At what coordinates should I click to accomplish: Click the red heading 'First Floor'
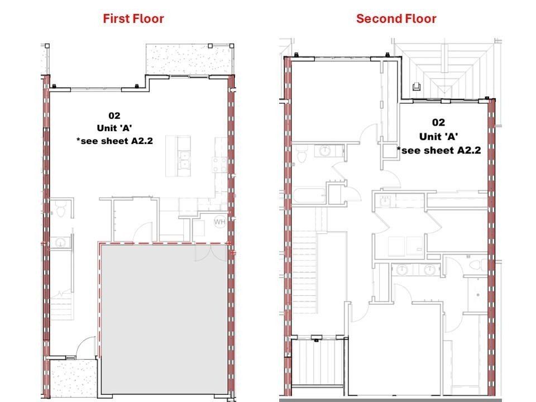click(x=133, y=18)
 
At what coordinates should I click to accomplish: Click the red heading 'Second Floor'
click(x=396, y=18)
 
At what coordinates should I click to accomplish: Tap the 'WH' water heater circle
click(x=219, y=222)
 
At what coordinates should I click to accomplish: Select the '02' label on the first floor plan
click(x=114, y=116)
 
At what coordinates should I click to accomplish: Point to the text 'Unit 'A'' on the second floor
click(x=438, y=136)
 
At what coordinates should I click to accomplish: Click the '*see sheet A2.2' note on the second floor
click(x=438, y=150)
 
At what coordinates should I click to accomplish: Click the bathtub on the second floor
click(x=308, y=196)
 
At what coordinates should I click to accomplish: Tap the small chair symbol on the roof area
click(x=417, y=86)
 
